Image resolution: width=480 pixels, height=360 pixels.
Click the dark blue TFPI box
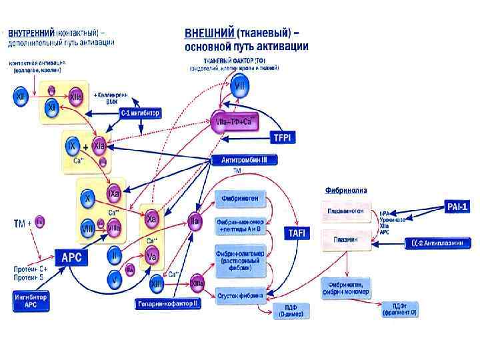click(x=281, y=138)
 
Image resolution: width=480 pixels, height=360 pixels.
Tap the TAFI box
click(x=295, y=233)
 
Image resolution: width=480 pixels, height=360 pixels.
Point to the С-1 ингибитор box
click(x=140, y=114)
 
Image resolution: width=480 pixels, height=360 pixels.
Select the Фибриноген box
click(x=241, y=198)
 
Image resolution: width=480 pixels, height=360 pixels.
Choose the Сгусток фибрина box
click(x=241, y=294)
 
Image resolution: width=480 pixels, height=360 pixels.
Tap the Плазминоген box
click(x=345, y=213)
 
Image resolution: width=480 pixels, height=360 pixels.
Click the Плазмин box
click(x=345, y=238)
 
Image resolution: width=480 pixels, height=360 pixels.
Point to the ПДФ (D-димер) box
click(x=290, y=310)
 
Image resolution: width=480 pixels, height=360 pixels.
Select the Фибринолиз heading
click(x=345, y=189)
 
